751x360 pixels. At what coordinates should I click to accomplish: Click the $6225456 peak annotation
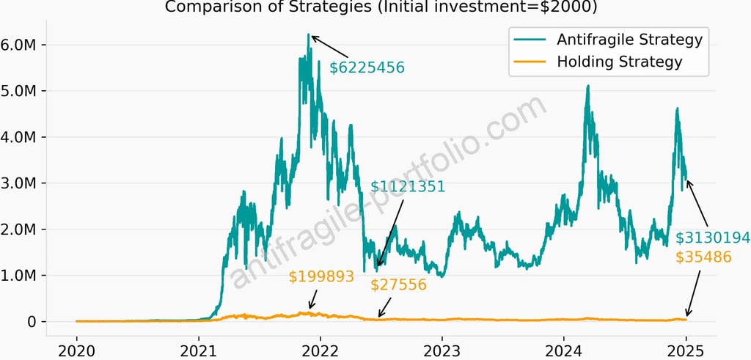[x=367, y=68]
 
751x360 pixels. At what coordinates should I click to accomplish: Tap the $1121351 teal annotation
[x=408, y=186]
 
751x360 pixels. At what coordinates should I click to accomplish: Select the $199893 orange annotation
[x=321, y=276]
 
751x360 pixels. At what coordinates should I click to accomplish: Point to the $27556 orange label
[x=398, y=284]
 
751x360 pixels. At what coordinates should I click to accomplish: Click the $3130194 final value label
[x=712, y=238]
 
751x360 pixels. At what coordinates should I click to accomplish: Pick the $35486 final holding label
[x=703, y=257]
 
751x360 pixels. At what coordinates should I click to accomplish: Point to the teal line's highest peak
[x=309, y=34]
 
